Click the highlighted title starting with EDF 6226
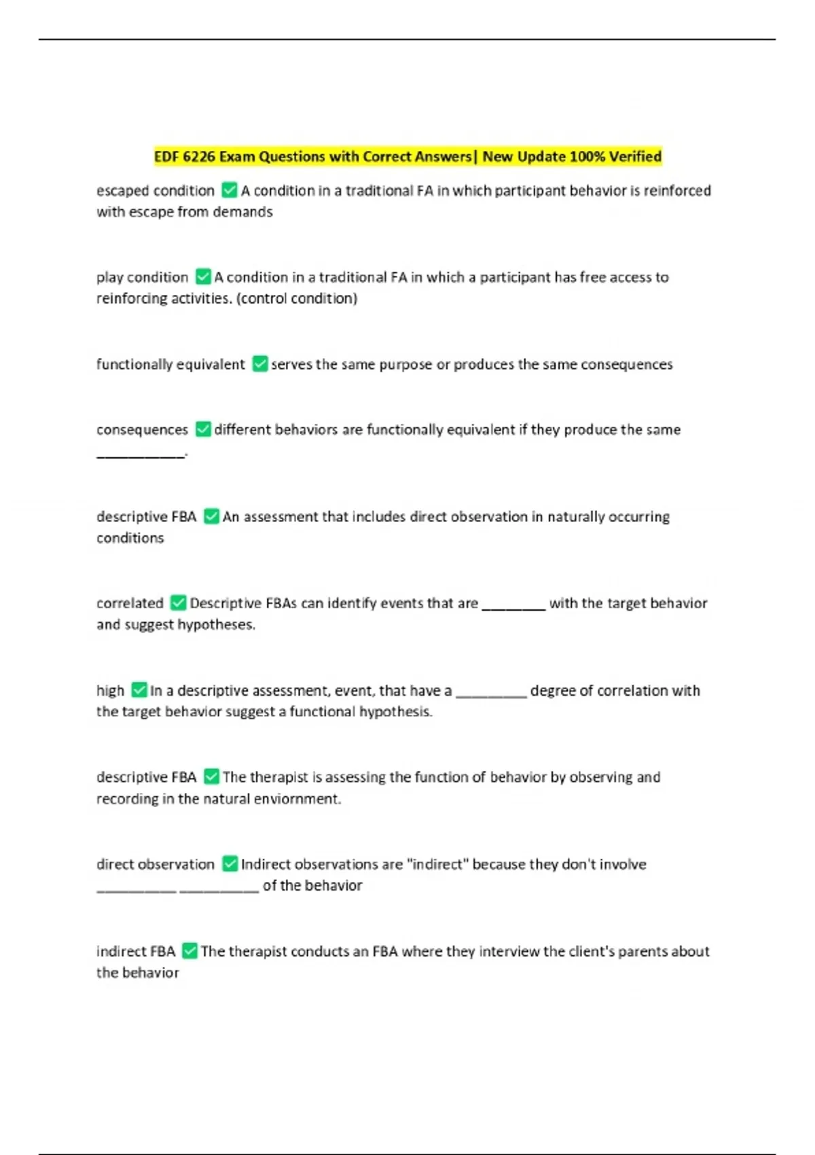pyautogui.click(x=407, y=157)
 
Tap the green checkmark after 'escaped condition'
pyautogui.click(x=230, y=190)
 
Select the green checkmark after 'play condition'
pyautogui.click(x=203, y=277)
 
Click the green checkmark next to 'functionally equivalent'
pyautogui.click(x=259, y=364)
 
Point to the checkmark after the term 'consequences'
pyautogui.click(x=203, y=429)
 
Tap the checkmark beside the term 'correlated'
pyautogui.click(x=178, y=603)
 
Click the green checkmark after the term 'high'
pyautogui.click(x=139, y=690)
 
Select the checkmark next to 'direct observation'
pyautogui.click(x=230, y=864)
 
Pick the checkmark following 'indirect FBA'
pyautogui.click(x=190, y=951)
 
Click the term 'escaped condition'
pyautogui.click(x=156, y=191)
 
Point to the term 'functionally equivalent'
pyautogui.click(x=170, y=364)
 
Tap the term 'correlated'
pyautogui.click(x=130, y=603)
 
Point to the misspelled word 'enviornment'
pyautogui.click(x=297, y=799)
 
